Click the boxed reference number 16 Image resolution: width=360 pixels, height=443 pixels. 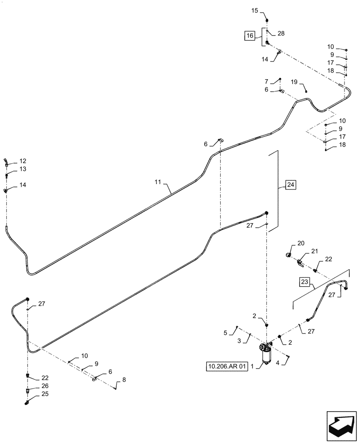pyautogui.click(x=250, y=36)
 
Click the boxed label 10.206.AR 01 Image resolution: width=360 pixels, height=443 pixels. pyautogui.click(x=226, y=366)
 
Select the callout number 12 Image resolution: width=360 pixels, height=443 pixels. pyautogui.click(x=22, y=161)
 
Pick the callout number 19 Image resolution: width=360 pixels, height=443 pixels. pyautogui.click(x=294, y=82)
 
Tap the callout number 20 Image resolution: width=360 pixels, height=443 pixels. pyautogui.click(x=301, y=243)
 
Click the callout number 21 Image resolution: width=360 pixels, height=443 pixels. pyautogui.click(x=315, y=252)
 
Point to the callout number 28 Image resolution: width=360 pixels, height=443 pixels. pyautogui.click(x=282, y=34)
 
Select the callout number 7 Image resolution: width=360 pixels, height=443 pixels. pyautogui.click(x=266, y=82)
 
